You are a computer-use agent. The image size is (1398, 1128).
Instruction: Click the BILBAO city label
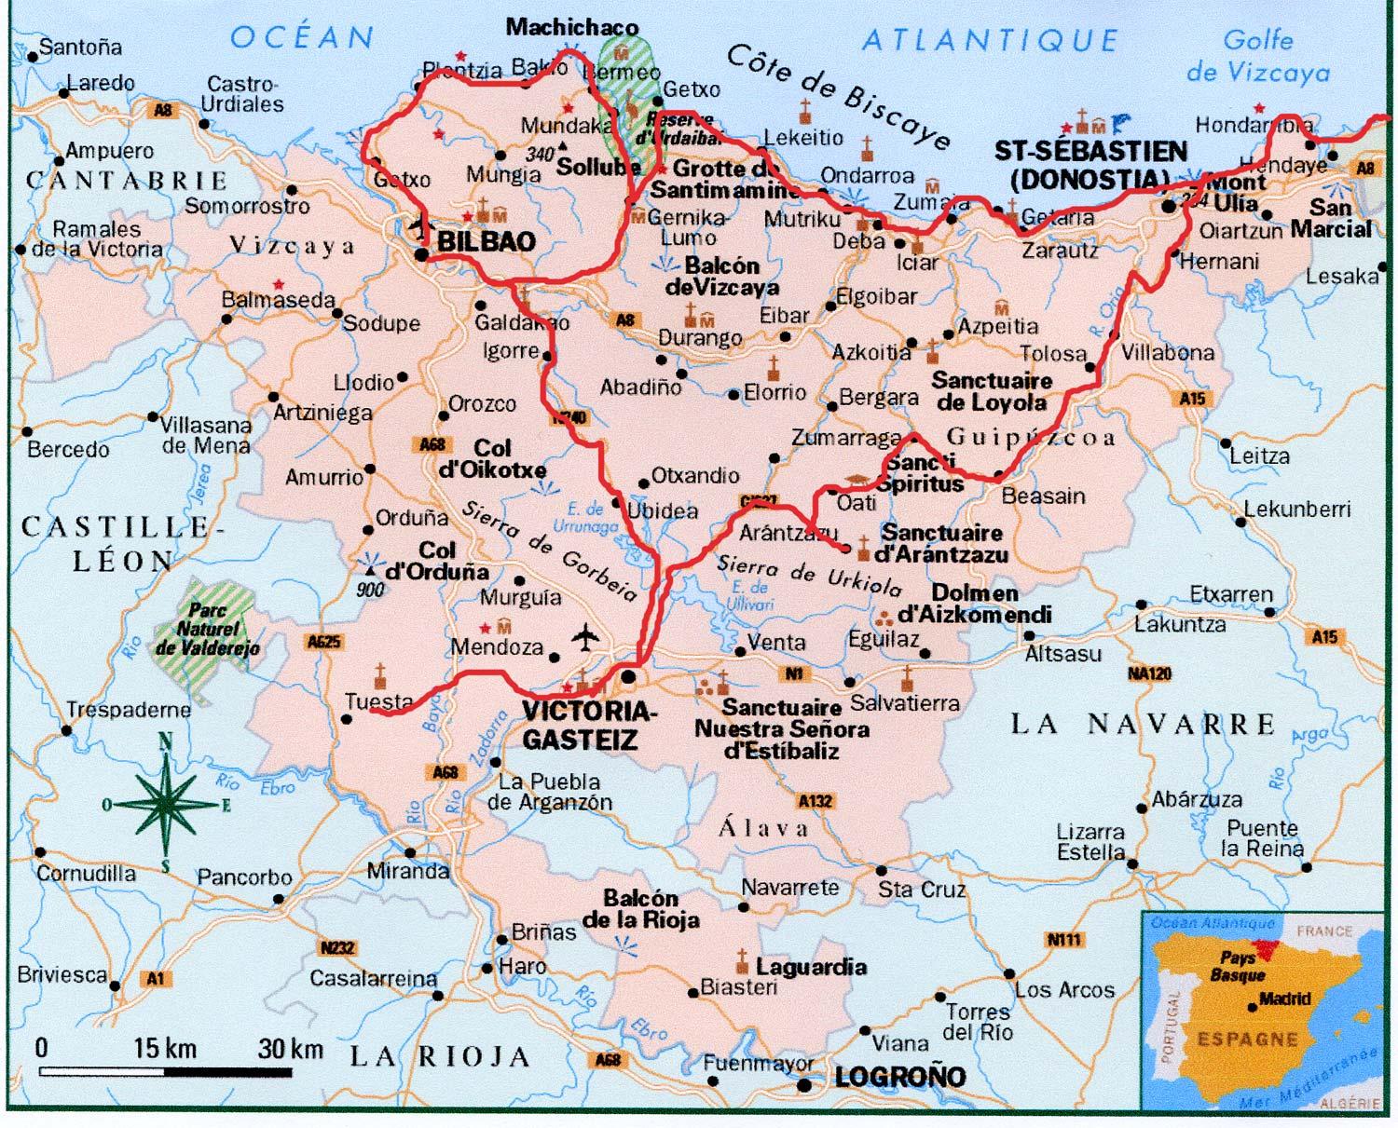487,241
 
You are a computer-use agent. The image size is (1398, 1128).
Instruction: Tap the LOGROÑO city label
899,1078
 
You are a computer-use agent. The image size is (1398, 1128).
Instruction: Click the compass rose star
167,803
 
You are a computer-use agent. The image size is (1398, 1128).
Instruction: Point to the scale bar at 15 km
165,1049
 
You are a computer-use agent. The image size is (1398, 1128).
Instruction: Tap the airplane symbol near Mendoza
585,639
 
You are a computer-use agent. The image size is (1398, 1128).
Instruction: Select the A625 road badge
323,642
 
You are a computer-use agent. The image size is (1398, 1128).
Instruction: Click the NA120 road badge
1148,673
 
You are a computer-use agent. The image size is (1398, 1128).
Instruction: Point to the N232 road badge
337,948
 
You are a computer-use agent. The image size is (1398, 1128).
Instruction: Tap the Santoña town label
80,47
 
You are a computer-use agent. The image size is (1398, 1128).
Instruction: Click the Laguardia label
811,967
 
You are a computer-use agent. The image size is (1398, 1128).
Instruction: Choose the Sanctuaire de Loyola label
992,391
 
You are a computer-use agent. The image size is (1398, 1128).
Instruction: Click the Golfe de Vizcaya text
1257,56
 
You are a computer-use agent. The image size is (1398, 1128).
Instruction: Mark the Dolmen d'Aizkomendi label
974,604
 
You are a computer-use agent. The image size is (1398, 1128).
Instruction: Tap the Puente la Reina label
1264,838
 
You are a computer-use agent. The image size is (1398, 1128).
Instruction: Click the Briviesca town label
62,975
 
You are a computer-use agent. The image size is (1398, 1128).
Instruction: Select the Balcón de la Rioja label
640,909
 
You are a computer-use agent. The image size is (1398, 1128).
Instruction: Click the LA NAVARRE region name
1143,724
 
